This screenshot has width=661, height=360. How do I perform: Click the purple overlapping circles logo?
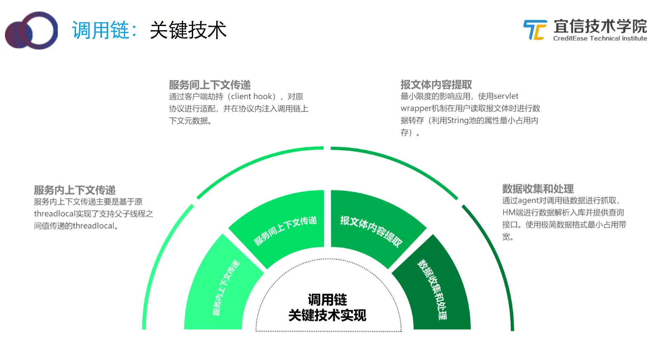(31, 31)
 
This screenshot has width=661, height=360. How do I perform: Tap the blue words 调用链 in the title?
(101, 31)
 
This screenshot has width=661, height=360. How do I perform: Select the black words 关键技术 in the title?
(188, 31)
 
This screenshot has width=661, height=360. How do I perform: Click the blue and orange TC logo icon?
(535, 30)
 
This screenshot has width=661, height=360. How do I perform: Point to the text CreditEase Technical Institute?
(600, 38)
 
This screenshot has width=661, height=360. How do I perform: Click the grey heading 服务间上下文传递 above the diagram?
(210, 85)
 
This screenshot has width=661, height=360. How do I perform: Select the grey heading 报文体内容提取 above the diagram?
(436, 85)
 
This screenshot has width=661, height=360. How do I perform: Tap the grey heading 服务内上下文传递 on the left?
(75, 190)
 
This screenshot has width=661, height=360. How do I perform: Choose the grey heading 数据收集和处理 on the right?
(538, 189)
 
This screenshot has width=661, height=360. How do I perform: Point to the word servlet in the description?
(506, 96)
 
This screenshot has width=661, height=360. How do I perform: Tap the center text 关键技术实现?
(327, 315)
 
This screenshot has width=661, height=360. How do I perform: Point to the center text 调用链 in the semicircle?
(327, 300)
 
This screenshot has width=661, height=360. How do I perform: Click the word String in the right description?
(458, 121)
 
